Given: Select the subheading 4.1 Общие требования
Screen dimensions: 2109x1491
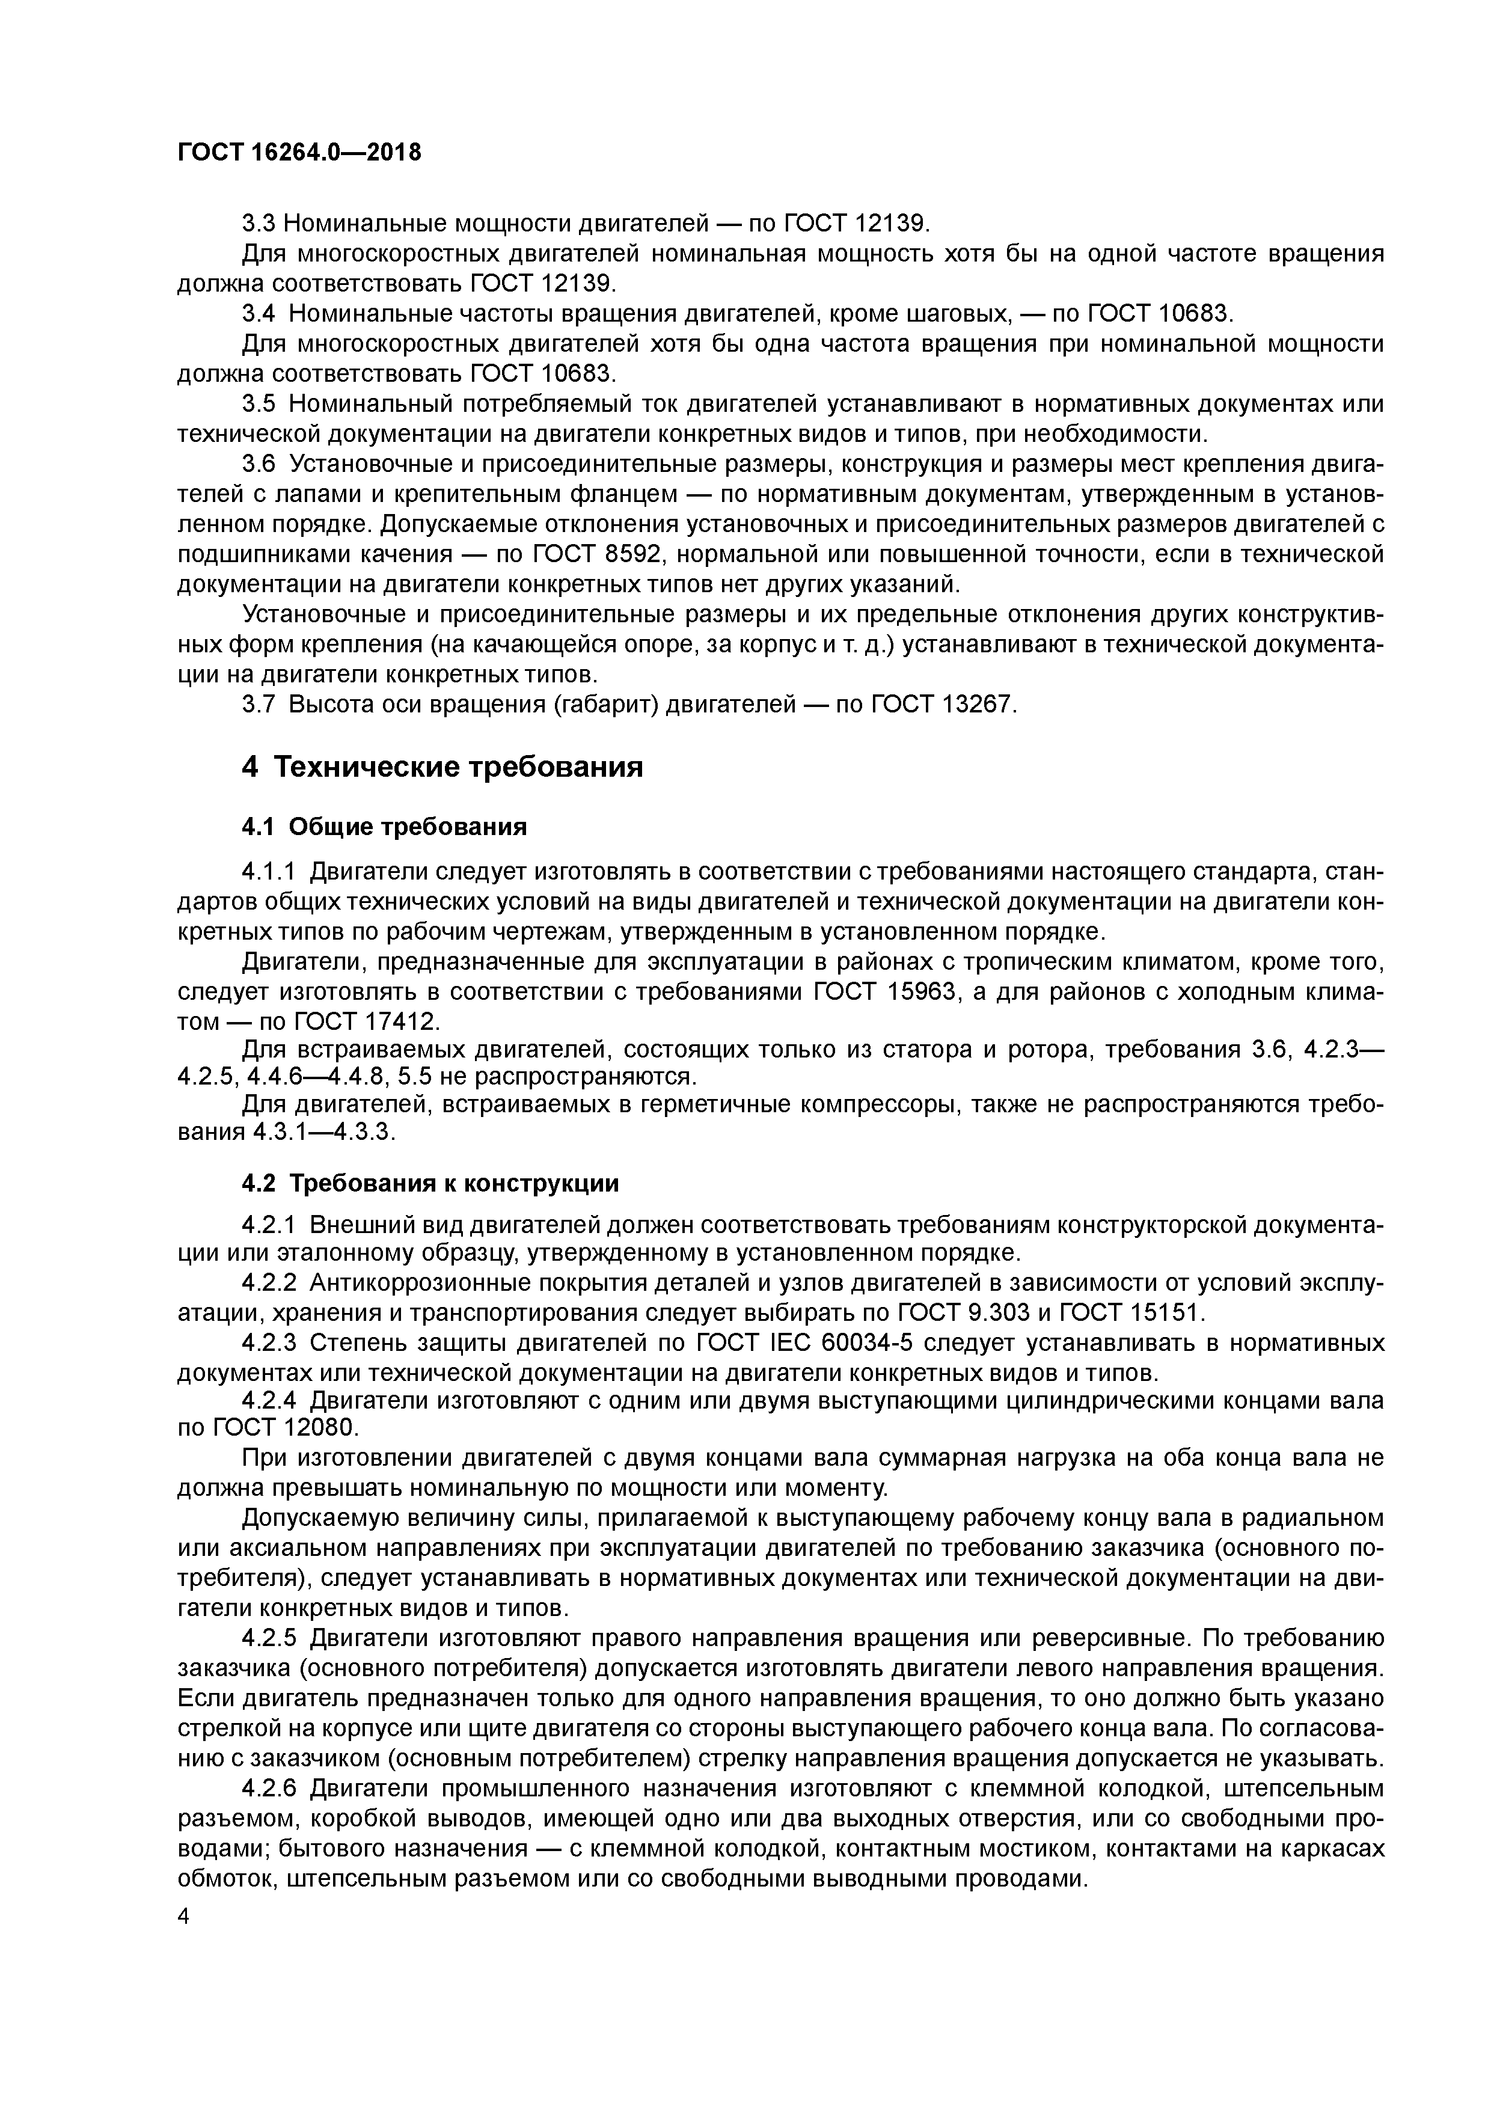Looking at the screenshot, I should (384, 827).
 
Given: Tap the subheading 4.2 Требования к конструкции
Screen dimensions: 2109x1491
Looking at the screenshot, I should (430, 1183).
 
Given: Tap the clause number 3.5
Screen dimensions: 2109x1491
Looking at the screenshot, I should (258, 404).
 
